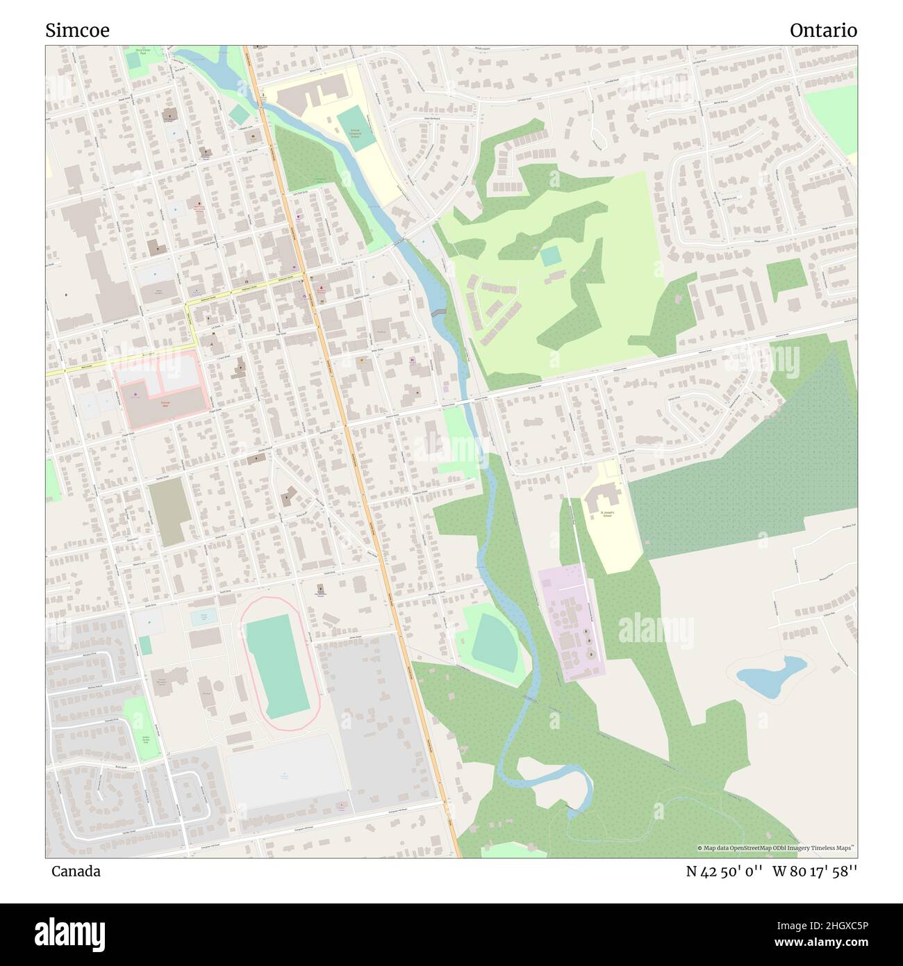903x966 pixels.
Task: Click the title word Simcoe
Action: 77,31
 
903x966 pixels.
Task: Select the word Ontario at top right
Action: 823,31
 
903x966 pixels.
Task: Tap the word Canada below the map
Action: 75,871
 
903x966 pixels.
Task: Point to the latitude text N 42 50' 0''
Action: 723,871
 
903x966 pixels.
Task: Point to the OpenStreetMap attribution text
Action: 774,848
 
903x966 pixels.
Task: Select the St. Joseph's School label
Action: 606,515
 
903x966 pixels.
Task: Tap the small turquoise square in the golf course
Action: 551,256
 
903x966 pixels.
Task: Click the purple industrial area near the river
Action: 572,622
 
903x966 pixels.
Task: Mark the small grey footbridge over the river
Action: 438,312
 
